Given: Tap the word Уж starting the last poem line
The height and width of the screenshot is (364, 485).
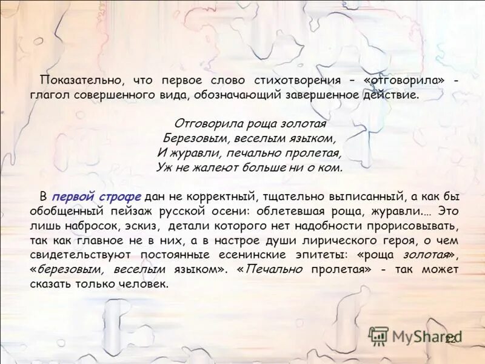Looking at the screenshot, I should pos(164,167).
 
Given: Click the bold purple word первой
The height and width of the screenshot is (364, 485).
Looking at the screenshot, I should pos(72,197).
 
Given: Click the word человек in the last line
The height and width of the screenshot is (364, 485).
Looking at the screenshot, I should pos(142,283).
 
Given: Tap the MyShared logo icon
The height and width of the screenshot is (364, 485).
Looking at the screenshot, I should pos(379,335).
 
